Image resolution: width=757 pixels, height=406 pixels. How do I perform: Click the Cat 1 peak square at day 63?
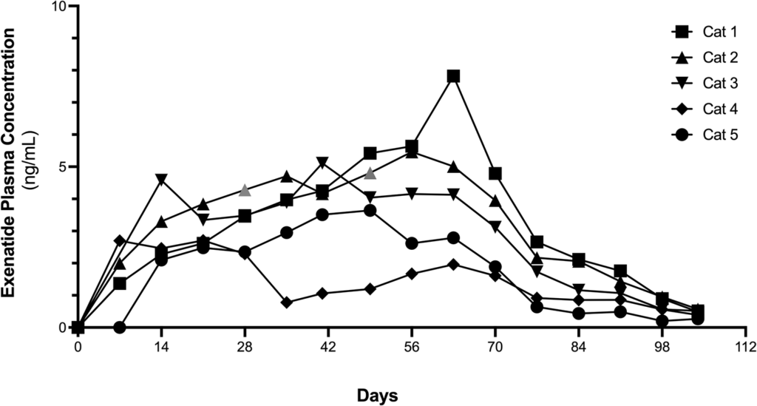(x=453, y=76)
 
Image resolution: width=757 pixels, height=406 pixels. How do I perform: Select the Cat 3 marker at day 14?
(x=161, y=180)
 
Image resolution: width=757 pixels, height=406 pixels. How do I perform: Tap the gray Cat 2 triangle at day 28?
(x=245, y=190)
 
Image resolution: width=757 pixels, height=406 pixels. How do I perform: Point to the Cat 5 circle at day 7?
(x=120, y=327)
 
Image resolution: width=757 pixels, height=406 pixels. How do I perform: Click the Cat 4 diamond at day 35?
(x=287, y=302)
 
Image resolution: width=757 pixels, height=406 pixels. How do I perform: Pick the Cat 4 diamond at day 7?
(x=120, y=241)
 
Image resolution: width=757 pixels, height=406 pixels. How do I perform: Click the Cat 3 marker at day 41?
(x=322, y=162)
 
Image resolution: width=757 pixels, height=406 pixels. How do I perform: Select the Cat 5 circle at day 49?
(x=370, y=210)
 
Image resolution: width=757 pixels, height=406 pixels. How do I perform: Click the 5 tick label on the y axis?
(x=62, y=167)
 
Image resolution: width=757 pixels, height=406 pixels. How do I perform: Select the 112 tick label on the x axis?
(x=746, y=347)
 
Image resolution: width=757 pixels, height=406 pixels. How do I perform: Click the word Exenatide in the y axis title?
(x=10, y=265)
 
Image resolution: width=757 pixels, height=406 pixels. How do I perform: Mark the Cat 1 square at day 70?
(x=495, y=174)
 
